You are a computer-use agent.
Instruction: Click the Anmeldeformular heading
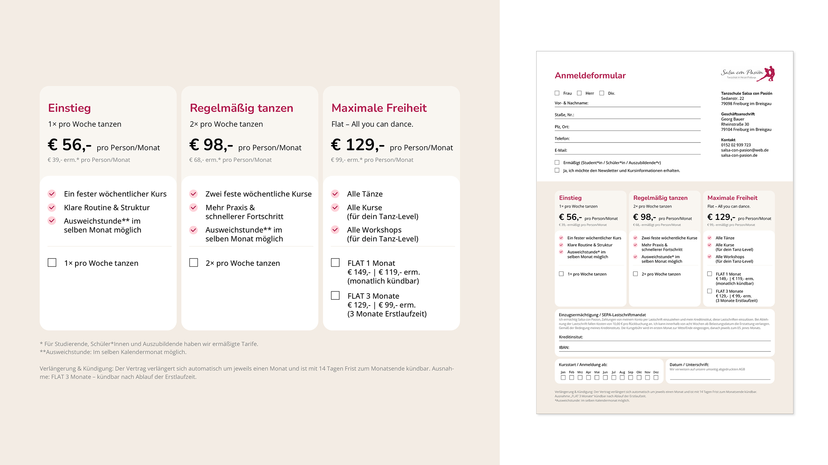[590, 76]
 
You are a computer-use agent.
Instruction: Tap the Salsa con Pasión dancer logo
[748, 74]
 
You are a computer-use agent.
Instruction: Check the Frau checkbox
[557, 93]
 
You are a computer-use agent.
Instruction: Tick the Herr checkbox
[579, 93]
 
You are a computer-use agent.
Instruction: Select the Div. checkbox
[602, 93]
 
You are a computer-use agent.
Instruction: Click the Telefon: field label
[562, 139]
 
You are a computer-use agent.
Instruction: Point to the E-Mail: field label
[561, 150]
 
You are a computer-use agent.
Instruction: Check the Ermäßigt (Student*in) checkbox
[557, 163]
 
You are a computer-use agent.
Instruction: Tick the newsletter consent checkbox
[557, 171]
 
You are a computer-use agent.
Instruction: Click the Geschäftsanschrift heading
[738, 114]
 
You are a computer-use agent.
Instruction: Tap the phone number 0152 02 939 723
[736, 145]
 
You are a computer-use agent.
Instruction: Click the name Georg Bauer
[732, 119]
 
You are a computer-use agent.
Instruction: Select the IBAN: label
[564, 348]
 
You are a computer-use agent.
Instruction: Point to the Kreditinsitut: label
[571, 337]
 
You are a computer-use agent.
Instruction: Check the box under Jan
[563, 378]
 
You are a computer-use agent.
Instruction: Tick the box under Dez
[656, 378]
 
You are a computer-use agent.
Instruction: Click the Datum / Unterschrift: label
[689, 365]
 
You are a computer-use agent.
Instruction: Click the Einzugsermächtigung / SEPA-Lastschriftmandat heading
[602, 315]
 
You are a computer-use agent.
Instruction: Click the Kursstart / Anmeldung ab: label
[583, 365]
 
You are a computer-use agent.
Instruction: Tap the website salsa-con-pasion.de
[739, 155]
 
